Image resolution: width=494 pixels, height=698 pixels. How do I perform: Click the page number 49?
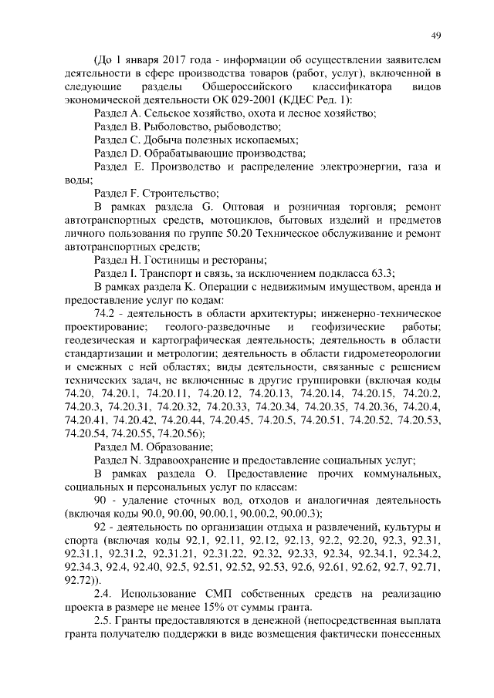click(x=435, y=36)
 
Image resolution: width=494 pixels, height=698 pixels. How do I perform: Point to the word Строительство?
click(x=180, y=193)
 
